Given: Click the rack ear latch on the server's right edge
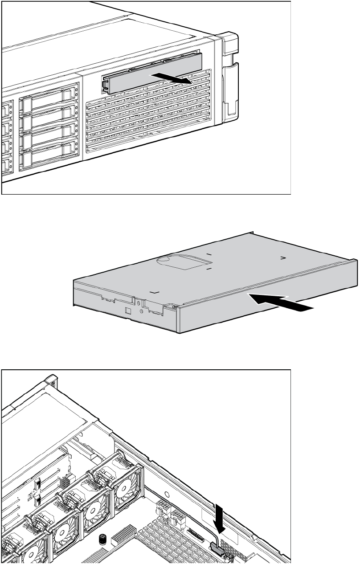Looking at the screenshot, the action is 231,80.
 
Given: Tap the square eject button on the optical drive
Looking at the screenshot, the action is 127,310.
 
